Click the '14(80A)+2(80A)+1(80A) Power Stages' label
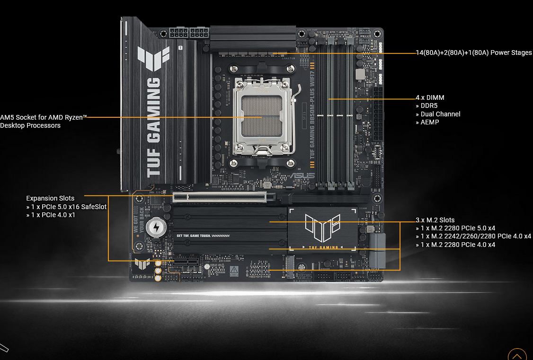pos(474,53)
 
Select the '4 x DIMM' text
pos(430,97)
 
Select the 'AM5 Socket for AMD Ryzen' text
pos(43,117)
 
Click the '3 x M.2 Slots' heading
pos(435,220)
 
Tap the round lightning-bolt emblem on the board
pos(156,228)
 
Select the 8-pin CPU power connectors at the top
pos(189,34)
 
